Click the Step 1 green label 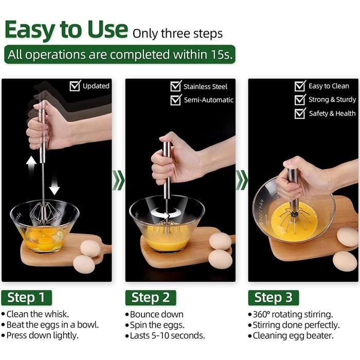point(26,298)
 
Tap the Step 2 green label point(151,298)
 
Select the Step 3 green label point(274,298)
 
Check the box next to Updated point(75,86)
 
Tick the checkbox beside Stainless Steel point(176,86)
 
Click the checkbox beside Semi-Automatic point(176,100)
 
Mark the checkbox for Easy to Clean point(300,86)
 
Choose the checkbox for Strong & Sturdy point(300,99)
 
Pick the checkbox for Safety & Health point(300,113)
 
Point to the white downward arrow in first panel point(55,185)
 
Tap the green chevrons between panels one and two point(118,180)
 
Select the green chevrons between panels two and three point(242,180)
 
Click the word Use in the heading point(107,29)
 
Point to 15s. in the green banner point(221,55)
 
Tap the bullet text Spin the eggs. point(157,325)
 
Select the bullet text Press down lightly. point(43,335)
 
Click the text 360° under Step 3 point(261,314)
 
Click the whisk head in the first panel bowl point(44,212)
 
